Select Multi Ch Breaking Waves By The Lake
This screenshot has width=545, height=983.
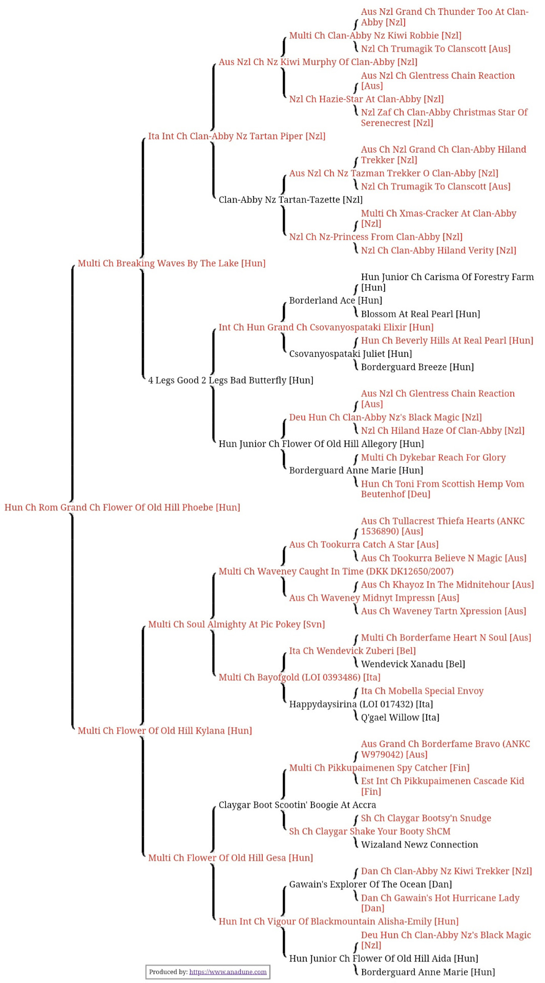(172, 263)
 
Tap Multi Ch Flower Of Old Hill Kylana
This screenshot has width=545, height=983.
(165, 731)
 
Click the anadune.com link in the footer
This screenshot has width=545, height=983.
(228, 972)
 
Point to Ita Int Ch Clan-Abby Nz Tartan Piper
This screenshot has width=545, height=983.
(237, 136)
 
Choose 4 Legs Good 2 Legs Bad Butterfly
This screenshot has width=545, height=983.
(230, 380)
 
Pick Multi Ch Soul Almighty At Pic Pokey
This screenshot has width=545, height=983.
(237, 625)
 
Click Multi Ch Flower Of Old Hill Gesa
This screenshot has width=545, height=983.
(230, 858)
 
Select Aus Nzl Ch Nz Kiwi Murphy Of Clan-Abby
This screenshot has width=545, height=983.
(318, 62)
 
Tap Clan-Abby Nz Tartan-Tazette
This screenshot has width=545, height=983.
(290, 200)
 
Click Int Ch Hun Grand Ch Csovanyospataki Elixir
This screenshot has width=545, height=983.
(326, 327)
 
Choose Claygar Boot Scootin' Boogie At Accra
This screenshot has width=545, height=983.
(297, 805)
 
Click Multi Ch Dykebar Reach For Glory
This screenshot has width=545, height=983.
(433, 458)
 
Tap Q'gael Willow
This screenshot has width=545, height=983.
(400, 718)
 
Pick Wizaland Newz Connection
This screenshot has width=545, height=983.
(420, 845)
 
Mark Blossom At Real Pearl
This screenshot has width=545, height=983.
(421, 314)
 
